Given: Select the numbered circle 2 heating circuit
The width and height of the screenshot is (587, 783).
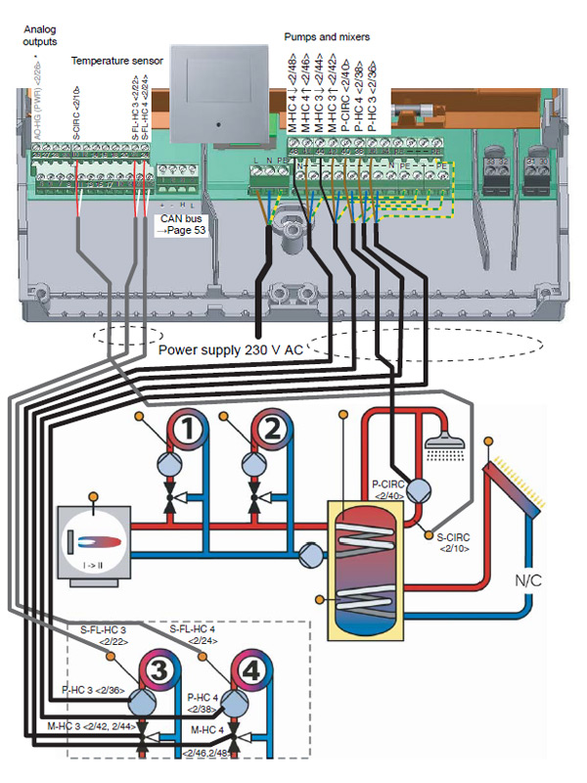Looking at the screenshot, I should (x=273, y=429).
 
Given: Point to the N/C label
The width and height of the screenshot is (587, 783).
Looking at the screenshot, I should (x=527, y=580).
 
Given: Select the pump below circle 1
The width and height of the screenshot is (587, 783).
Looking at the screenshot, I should (x=167, y=465).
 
